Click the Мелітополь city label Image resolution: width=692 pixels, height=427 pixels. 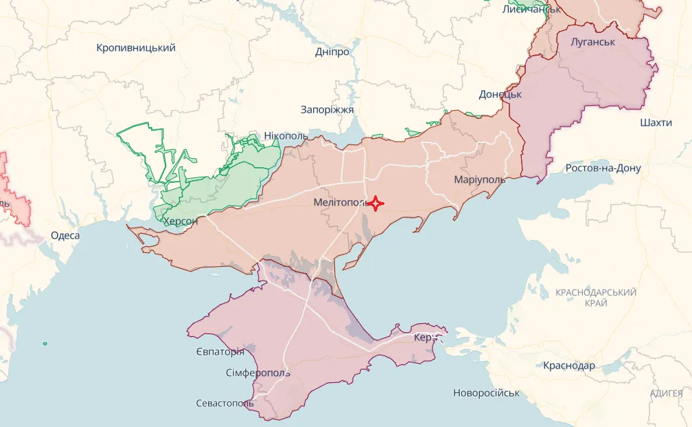pyautogui.click(x=341, y=203)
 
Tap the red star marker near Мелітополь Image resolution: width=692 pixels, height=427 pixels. pyautogui.click(x=376, y=204)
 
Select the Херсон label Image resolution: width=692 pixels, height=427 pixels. pyautogui.click(x=181, y=221)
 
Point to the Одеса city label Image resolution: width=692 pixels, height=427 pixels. pyautogui.click(x=65, y=235)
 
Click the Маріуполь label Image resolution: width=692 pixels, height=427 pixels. pyautogui.click(x=479, y=179)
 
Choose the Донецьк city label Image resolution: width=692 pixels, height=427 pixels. pyautogui.click(x=500, y=94)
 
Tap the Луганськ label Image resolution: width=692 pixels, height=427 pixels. pyautogui.click(x=592, y=42)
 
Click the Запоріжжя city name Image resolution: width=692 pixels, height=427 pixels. pyautogui.click(x=327, y=110)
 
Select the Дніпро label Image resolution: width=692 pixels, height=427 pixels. pyautogui.click(x=332, y=52)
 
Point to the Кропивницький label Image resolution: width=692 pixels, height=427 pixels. pyautogui.click(x=136, y=47)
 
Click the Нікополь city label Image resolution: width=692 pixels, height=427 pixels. pyautogui.click(x=286, y=135)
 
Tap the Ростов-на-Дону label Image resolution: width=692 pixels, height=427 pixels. pyautogui.click(x=603, y=168)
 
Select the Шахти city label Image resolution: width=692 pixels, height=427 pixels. pyautogui.click(x=656, y=123)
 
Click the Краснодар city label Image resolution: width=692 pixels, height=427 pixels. pyautogui.click(x=569, y=366)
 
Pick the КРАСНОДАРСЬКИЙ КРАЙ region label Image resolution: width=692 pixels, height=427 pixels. pyautogui.click(x=596, y=298)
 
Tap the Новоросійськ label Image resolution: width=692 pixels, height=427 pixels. pyautogui.click(x=486, y=393)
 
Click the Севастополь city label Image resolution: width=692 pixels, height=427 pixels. pyautogui.click(x=224, y=403)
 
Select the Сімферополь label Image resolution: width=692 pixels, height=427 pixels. pyautogui.click(x=257, y=373)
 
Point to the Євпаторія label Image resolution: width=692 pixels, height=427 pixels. pyautogui.click(x=220, y=351)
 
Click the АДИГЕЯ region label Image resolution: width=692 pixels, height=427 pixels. pyautogui.click(x=667, y=393)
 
